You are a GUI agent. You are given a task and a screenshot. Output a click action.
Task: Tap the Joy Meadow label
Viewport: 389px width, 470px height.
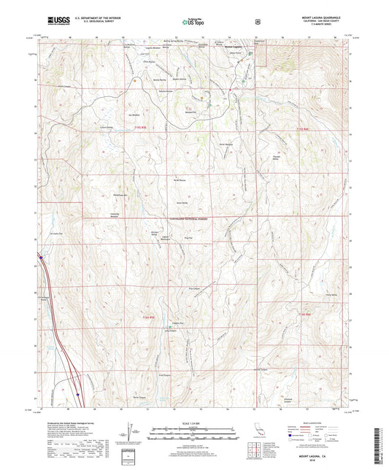pyautogui.click(x=133, y=115)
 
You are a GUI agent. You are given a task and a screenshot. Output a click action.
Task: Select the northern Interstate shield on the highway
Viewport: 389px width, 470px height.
pyautogui.click(x=42, y=257)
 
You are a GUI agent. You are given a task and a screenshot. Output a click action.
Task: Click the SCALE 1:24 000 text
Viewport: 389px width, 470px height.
pyautogui.click(x=193, y=422)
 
